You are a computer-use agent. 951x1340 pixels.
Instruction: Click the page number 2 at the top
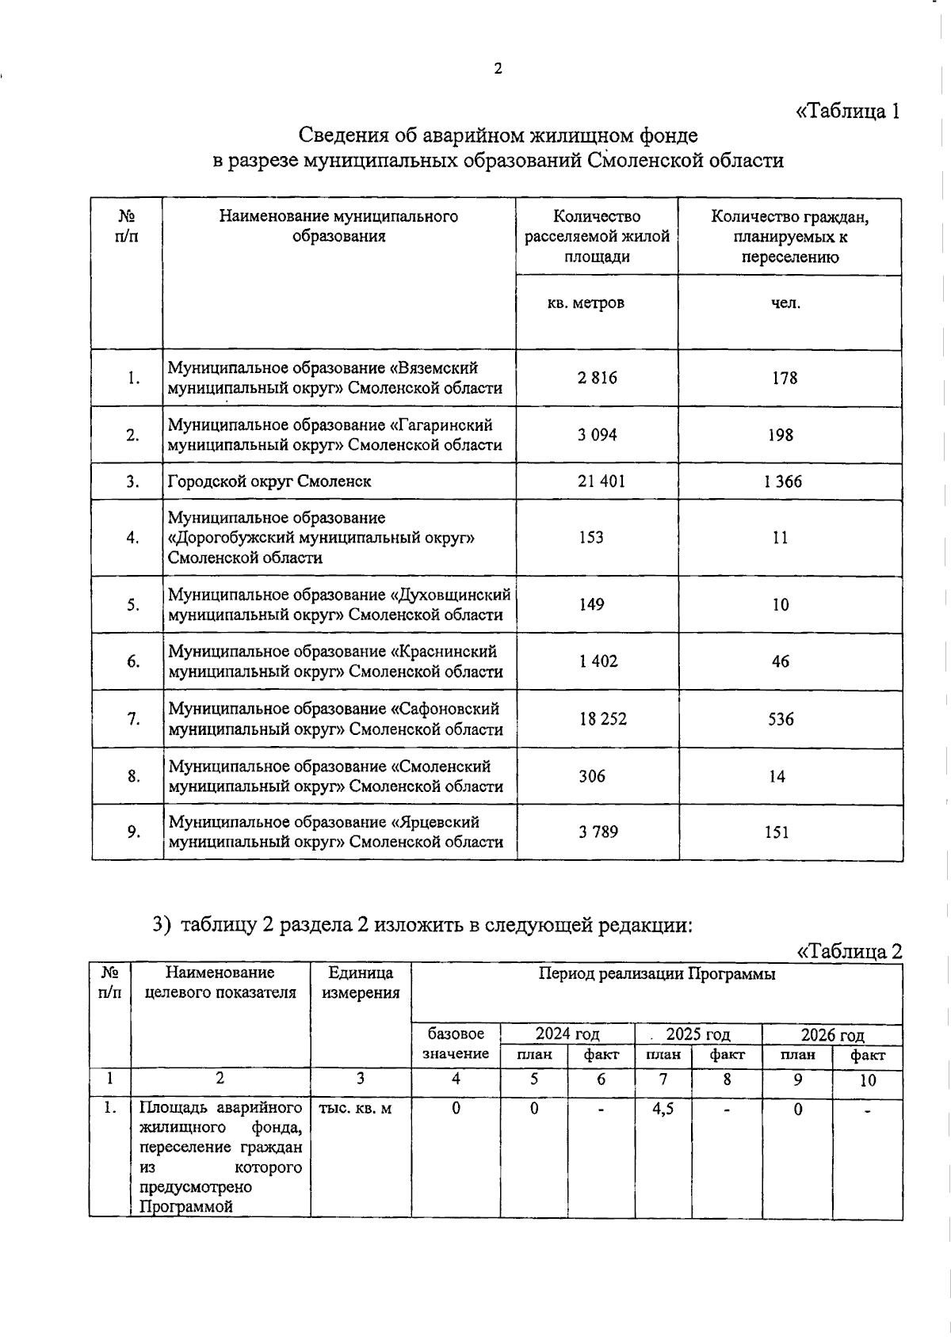coord(498,69)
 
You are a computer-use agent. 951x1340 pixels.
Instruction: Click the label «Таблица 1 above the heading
coord(847,111)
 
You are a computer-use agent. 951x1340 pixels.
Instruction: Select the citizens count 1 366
coord(783,481)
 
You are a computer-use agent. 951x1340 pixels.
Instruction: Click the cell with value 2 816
coord(598,378)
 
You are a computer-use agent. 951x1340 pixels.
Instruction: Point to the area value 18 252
coord(602,718)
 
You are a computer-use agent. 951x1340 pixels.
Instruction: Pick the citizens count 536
coord(781,718)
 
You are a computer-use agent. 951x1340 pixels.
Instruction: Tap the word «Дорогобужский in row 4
coord(230,538)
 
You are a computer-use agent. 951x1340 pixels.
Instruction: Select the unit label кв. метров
coord(586,303)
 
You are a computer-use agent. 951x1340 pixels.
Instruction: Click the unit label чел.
coord(786,303)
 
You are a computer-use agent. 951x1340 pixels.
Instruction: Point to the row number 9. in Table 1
coord(134,832)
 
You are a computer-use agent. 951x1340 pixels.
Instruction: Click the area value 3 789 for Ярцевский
coord(598,832)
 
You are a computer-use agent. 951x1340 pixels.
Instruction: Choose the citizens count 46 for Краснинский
coord(781,661)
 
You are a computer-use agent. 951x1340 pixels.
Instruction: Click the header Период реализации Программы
coord(657,974)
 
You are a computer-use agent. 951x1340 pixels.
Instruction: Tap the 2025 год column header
coord(697,1034)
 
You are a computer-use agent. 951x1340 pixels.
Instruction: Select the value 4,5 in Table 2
coord(663,1109)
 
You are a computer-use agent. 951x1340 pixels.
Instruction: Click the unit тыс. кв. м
coord(355,1109)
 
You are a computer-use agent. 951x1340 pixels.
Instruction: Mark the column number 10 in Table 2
coord(868,1079)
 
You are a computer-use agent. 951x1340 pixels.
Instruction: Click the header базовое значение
coord(456,1044)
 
